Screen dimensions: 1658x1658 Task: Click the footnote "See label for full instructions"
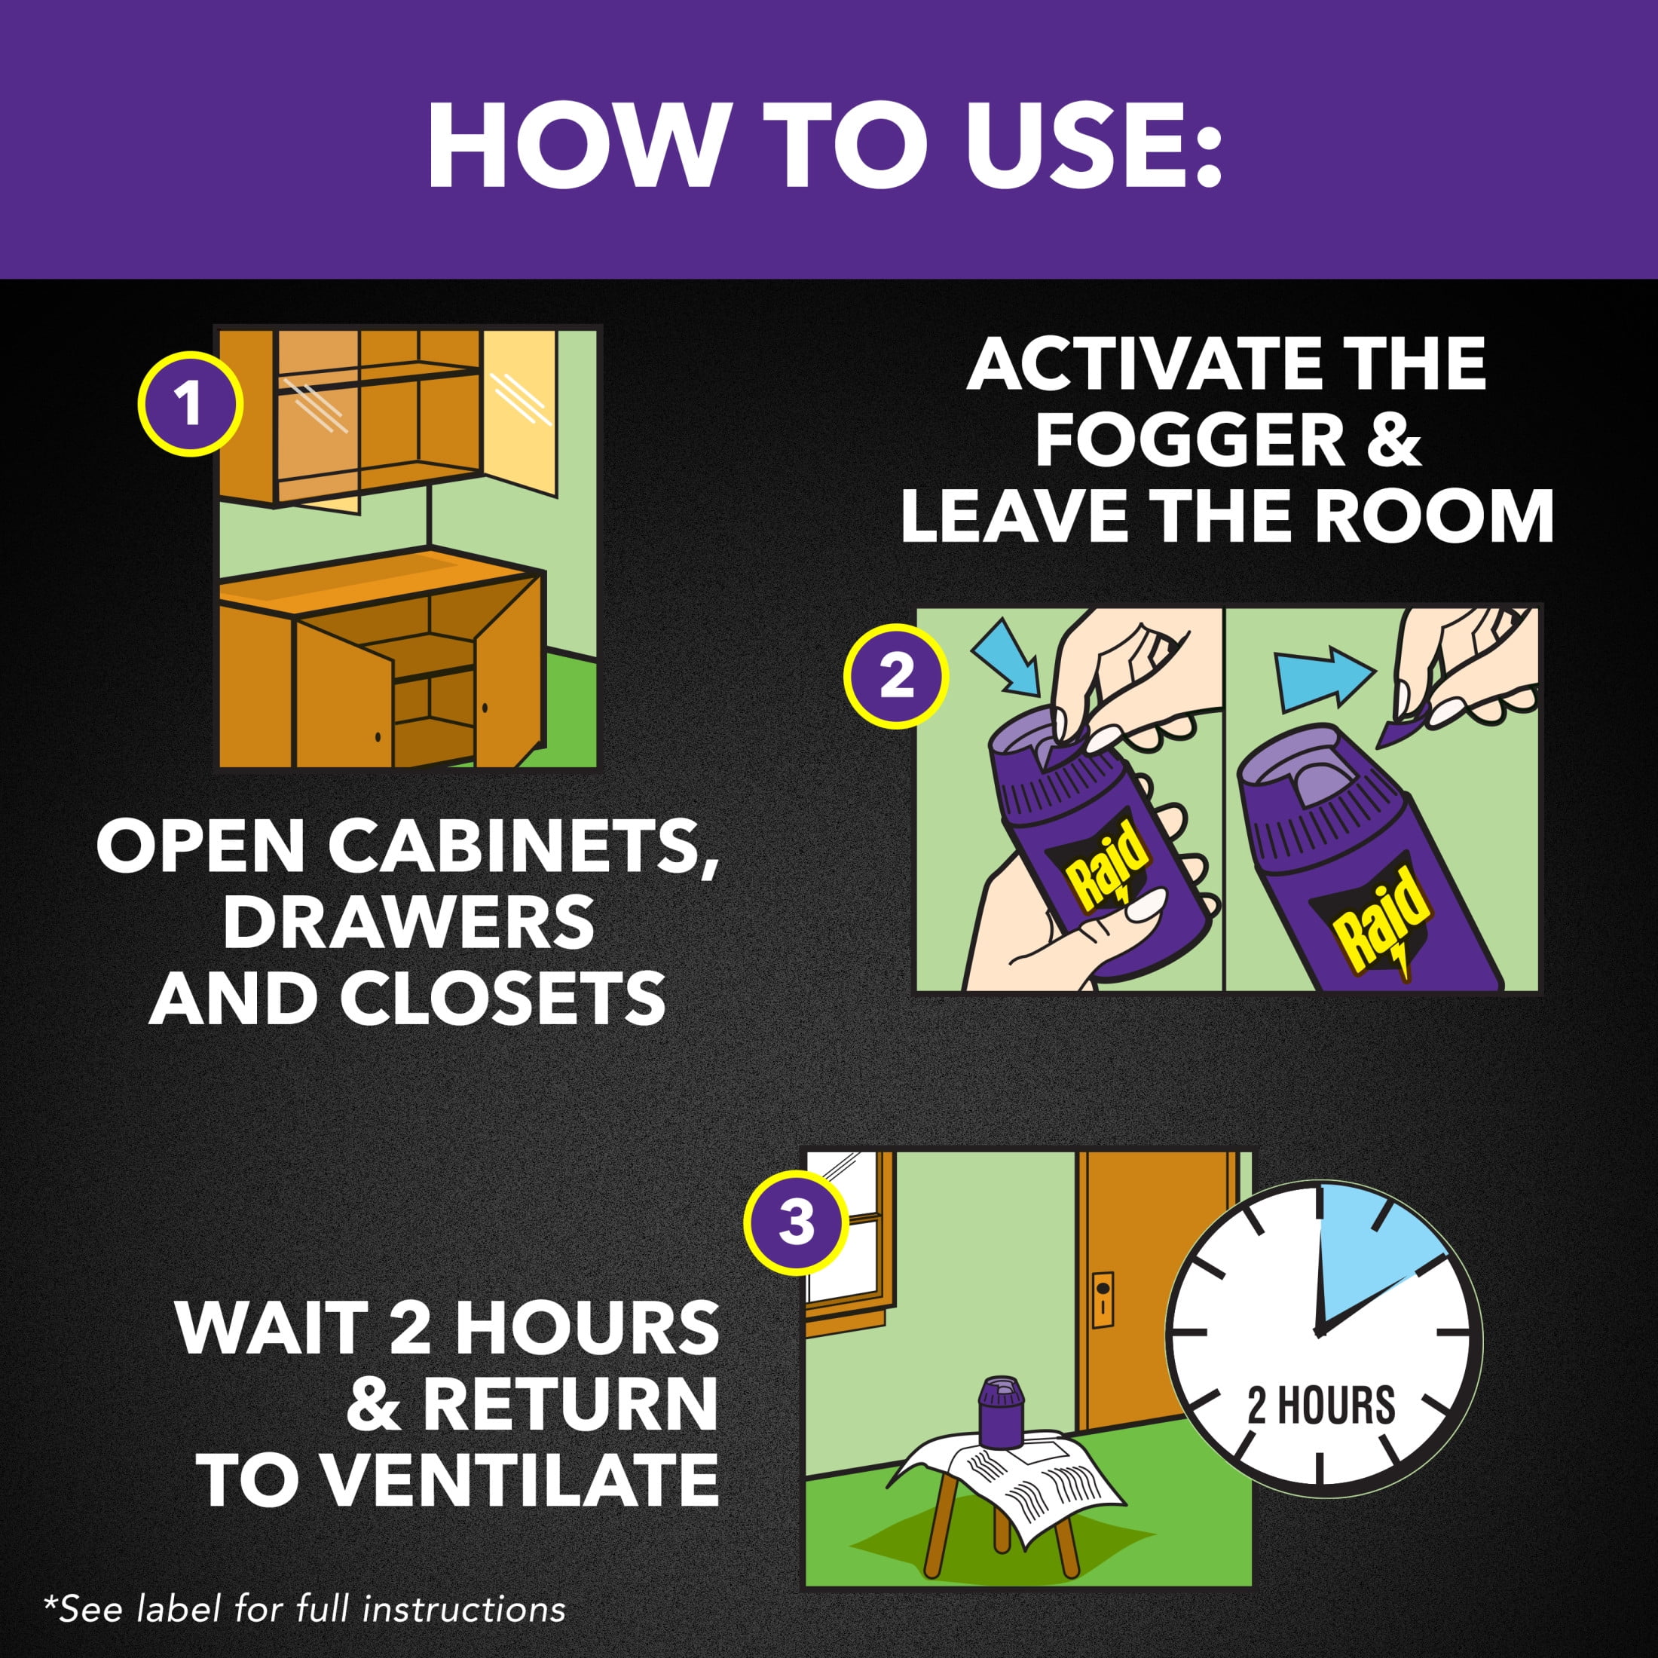pos(304,1609)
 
